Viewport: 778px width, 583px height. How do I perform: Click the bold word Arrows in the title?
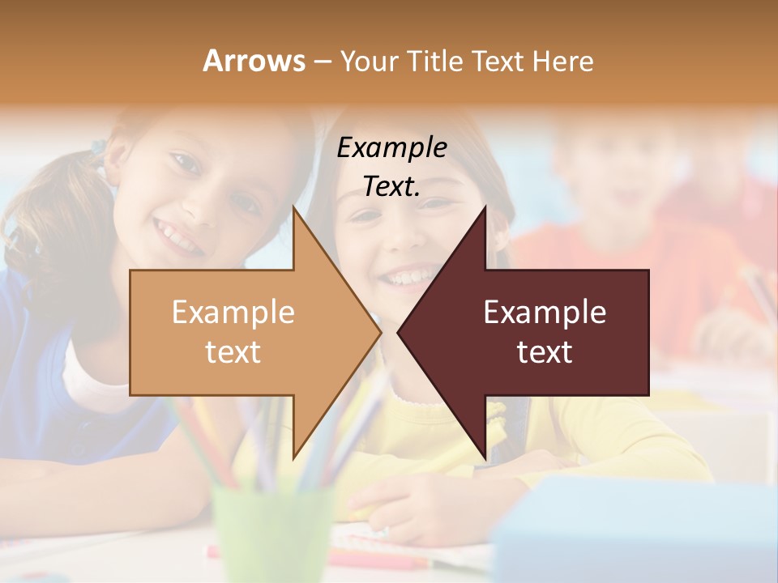[x=253, y=61]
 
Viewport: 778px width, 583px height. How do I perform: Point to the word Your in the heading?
[x=367, y=61]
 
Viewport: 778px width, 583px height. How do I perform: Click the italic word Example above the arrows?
[x=391, y=147]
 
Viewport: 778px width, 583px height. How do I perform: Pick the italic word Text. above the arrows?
[x=391, y=186]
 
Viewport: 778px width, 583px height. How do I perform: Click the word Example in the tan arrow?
[x=233, y=312]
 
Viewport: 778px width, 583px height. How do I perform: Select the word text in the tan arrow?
[x=233, y=351]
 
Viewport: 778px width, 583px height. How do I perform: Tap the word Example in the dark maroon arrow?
[x=545, y=312]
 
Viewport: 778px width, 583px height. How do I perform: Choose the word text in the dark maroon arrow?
[x=545, y=351]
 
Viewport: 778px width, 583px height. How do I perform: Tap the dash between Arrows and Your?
[x=322, y=61]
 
